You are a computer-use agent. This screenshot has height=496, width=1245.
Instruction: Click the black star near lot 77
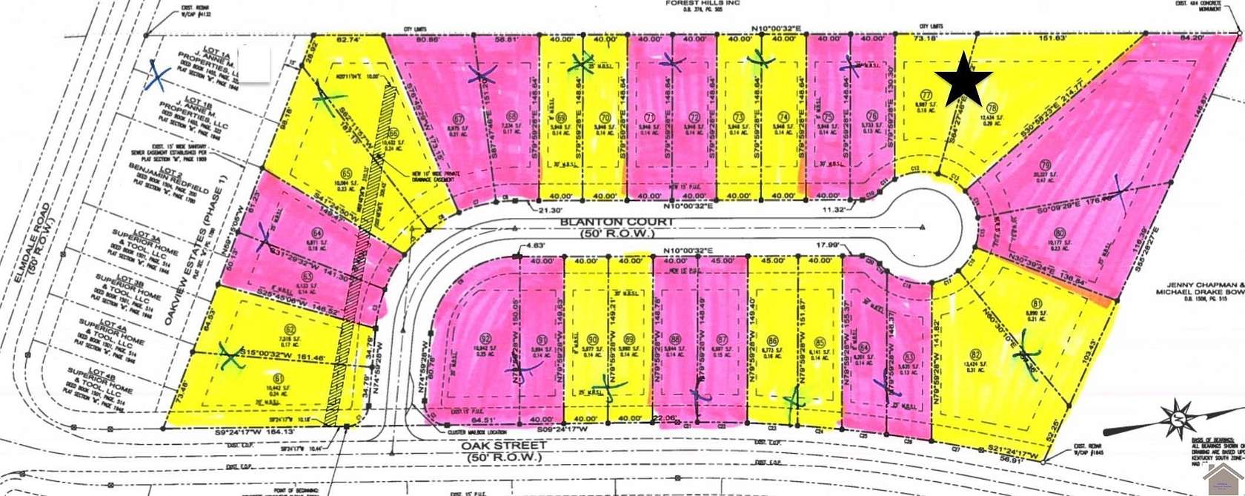[x=963, y=79]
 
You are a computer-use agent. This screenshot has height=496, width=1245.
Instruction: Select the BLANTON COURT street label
[x=607, y=222]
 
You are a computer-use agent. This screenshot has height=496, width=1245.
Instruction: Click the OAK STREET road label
[x=504, y=446]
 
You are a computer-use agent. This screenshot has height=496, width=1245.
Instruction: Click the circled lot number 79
[x=1046, y=165]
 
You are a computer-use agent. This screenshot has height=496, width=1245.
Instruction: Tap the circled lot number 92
[x=485, y=341]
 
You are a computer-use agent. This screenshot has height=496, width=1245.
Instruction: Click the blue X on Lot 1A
[x=158, y=74]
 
